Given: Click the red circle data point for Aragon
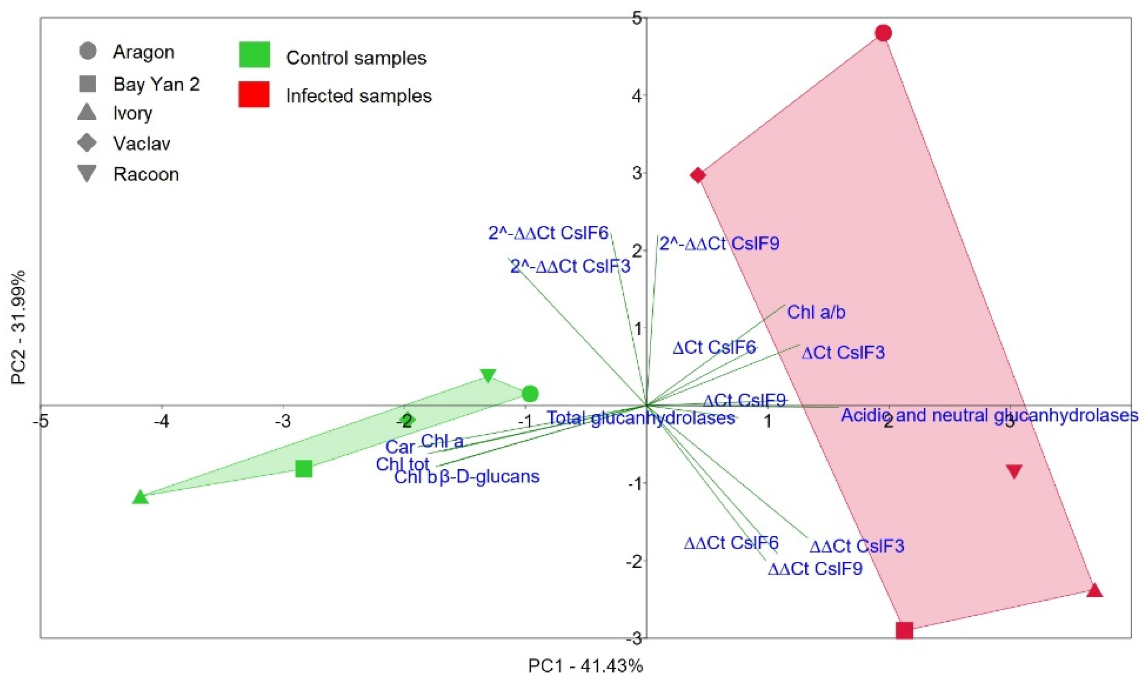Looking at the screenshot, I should click(x=883, y=33).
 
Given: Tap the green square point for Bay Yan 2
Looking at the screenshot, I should click(x=304, y=469).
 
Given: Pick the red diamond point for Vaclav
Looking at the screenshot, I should click(x=698, y=175).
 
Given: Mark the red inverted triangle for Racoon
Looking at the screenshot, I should click(x=1014, y=471).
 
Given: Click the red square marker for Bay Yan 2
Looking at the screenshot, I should click(x=904, y=631).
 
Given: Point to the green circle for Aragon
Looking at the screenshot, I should click(x=530, y=394).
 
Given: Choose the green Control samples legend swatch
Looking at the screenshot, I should click(x=254, y=54).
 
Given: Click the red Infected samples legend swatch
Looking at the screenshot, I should click(x=254, y=94).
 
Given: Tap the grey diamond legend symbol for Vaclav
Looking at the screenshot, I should click(x=87, y=143).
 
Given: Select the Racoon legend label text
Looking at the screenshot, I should click(x=146, y=174).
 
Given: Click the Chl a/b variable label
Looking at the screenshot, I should click(x=816, y=312).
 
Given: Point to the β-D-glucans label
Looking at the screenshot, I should click(x=490, y=477).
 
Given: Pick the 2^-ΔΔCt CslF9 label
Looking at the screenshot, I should click(x=719, y=243).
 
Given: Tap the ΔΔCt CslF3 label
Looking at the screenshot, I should click(x=856, y=546).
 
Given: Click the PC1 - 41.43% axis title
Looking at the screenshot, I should click(x=585, y=666).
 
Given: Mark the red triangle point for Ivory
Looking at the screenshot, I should click(x=1095, y=591).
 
